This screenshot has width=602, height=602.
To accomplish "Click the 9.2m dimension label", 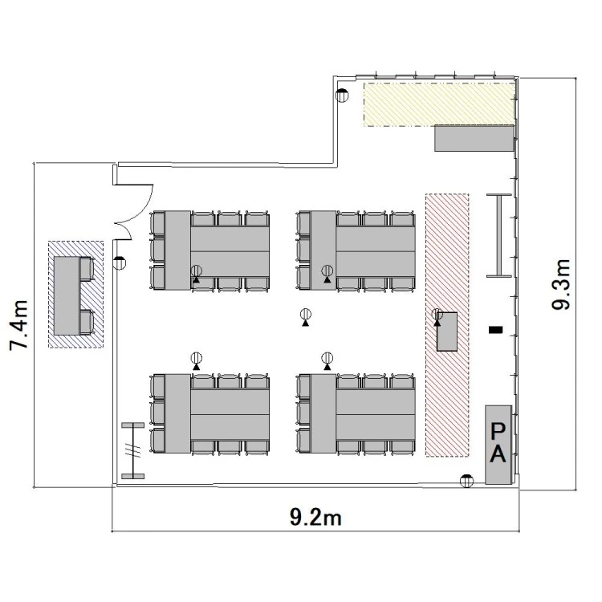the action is (315, 517).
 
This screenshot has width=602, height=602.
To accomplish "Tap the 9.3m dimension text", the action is (561, 284).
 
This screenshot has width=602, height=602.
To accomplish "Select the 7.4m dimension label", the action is (18, 325).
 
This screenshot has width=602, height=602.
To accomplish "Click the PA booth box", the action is (498, 445).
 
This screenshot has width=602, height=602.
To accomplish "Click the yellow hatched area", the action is (439, 104).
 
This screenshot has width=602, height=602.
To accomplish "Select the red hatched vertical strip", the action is (447, 325).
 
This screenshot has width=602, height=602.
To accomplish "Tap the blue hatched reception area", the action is (75, 295).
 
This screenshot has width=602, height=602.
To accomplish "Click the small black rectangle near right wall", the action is (495, 329).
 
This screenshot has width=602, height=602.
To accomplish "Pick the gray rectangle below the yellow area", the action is (474, 138).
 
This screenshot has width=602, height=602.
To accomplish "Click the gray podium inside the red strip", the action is (447, 332).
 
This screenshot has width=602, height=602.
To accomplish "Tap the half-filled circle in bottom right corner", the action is (466, 481).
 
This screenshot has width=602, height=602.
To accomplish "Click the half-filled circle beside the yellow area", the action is (342, 95).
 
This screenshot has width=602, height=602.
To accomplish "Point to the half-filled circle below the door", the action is (120, 263).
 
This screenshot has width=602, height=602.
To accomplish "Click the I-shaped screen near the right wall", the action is (499, 235).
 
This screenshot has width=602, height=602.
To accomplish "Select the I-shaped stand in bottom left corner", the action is (132, 451).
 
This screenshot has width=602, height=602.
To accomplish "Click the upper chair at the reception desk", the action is (87, 269).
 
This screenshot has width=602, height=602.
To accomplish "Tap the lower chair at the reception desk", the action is (87, 322).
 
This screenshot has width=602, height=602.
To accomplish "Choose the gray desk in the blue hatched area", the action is (67, 295).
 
